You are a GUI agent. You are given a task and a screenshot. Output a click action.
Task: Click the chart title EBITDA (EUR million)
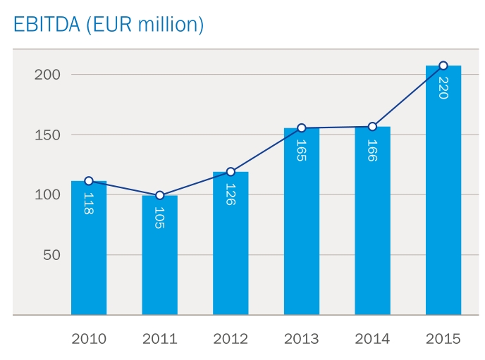[x=109, y=24]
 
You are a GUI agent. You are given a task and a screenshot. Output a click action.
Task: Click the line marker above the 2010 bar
[x=89, y=181]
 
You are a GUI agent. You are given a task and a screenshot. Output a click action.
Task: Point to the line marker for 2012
[x=231, y=172]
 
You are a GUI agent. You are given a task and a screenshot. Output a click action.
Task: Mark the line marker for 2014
[x=372, y=127]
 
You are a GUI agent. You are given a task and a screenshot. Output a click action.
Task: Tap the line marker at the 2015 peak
[x=443, y=66]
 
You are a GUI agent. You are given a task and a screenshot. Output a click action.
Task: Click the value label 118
[x=89, y=203]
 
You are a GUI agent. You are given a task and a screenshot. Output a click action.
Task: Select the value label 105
[x=159, y=217]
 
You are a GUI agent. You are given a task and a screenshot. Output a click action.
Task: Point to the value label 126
[x=231, y=194]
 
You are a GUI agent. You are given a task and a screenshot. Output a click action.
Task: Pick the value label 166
[x=372, y=149]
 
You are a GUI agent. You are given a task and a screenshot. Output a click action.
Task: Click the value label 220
[x=443, y=87]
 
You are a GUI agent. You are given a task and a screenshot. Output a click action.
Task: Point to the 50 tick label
[x=51, y=254]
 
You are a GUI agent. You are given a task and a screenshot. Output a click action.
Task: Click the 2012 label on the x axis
[x=231, y=339]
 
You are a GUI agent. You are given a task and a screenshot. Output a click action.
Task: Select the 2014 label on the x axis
[x=372, y=339]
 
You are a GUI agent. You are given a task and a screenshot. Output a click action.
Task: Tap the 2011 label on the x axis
[x=159, y=339]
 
